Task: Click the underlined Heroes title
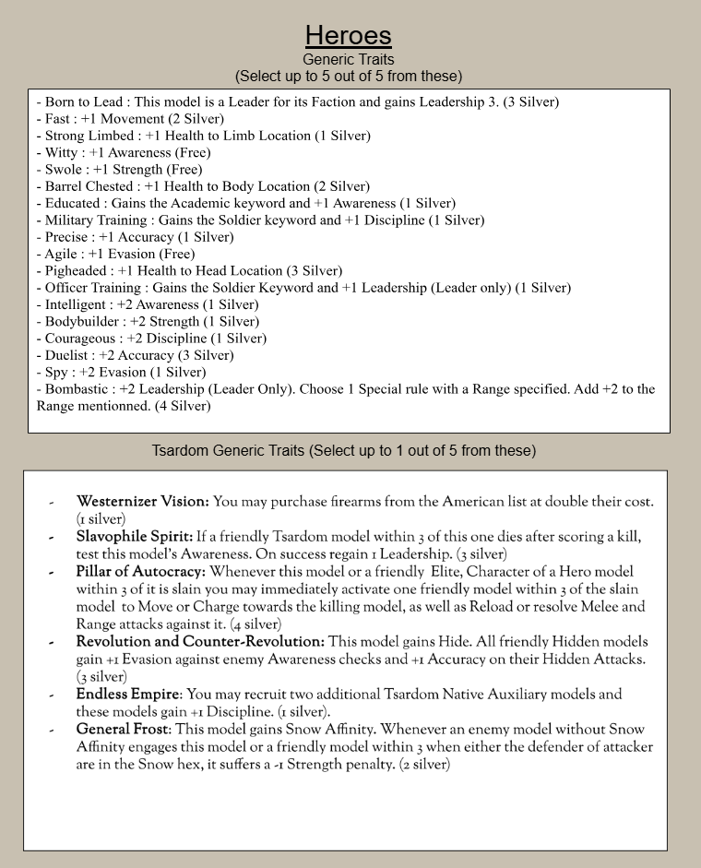(x=349, y=36)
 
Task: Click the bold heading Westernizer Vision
(x=143, y=502)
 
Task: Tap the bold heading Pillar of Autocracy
(x=140, y=573)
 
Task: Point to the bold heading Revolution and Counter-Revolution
(x=200, y=641)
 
